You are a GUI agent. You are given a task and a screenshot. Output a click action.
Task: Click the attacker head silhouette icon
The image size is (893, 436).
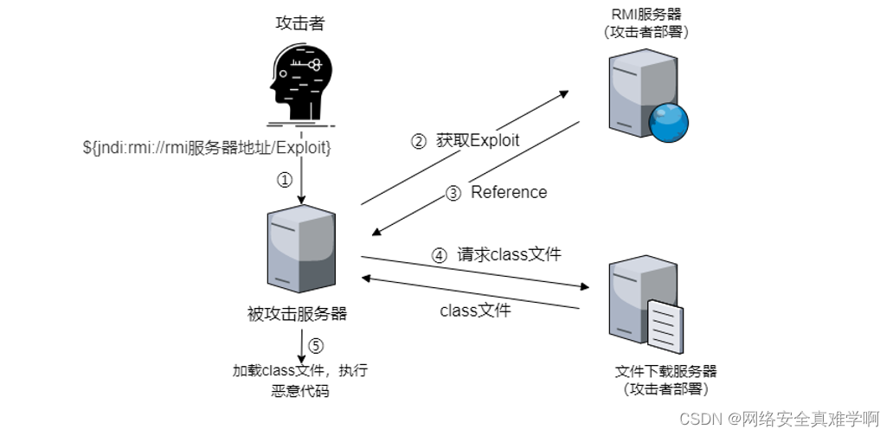click(x=299, y=83)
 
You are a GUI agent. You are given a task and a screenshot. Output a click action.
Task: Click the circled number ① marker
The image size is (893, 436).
click(x=284, y=181)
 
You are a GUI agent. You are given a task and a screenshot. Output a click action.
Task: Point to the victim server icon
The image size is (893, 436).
click(x=301, y=251)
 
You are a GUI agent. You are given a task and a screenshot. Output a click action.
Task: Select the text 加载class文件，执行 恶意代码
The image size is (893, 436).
click(x=300, y=381)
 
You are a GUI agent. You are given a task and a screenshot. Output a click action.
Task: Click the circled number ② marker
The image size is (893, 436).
click(x=418, y=140)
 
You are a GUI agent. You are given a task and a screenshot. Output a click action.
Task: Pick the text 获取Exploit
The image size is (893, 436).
click(x=477, y=140)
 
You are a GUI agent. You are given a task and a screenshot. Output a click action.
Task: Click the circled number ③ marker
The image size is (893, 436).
click(x=453, y=193)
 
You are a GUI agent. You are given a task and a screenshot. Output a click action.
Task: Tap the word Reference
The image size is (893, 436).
click(x=509, y=192)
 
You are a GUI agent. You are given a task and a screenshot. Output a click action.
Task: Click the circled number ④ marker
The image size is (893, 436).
click(x=440, y=255)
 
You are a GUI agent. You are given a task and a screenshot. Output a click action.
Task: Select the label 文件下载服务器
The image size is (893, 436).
click(x=666, y=372)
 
